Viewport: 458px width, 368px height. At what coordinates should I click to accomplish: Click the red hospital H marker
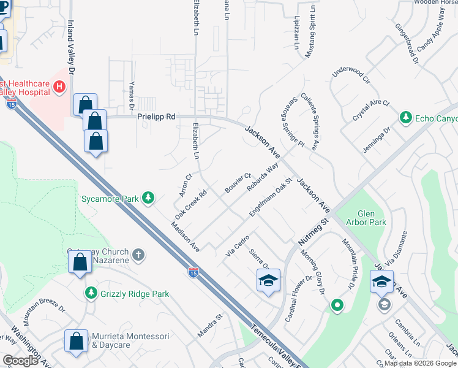[59, 87]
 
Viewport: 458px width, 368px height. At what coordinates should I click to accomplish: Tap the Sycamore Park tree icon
[148, 198]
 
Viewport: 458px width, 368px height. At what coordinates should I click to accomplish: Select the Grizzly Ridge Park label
[135, 294]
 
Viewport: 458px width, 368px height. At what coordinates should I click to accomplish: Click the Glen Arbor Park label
[366, 217]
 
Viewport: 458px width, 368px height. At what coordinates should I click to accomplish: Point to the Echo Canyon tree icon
[405, 117]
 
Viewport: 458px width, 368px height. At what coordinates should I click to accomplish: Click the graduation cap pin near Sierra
[268, 281]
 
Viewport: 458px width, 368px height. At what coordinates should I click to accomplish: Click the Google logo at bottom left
[20, 361]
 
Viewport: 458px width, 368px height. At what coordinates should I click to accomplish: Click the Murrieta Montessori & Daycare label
[120, 341]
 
